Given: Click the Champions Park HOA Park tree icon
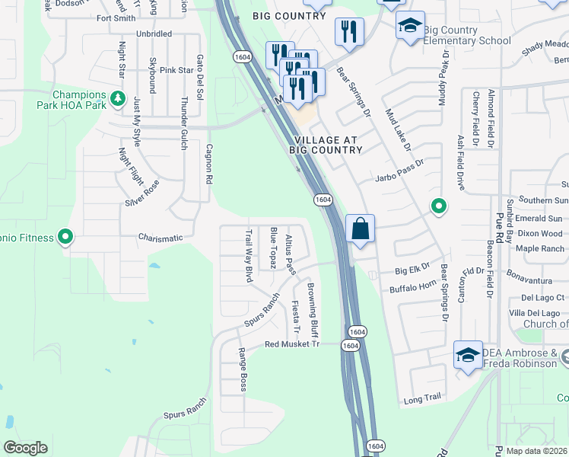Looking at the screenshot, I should pos(117,97).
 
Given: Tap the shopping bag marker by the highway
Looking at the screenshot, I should pos(360,228).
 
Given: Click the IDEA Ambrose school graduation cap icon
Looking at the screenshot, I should pos(468,353).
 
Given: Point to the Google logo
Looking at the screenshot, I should pos(25,448).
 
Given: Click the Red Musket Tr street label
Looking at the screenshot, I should pos(290,344).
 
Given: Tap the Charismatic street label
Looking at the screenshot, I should pos(161,238).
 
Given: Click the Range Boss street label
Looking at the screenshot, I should pos(243,369).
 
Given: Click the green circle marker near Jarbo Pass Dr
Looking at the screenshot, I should pos(438,206).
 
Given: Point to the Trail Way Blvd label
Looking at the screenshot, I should pos(248,256).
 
